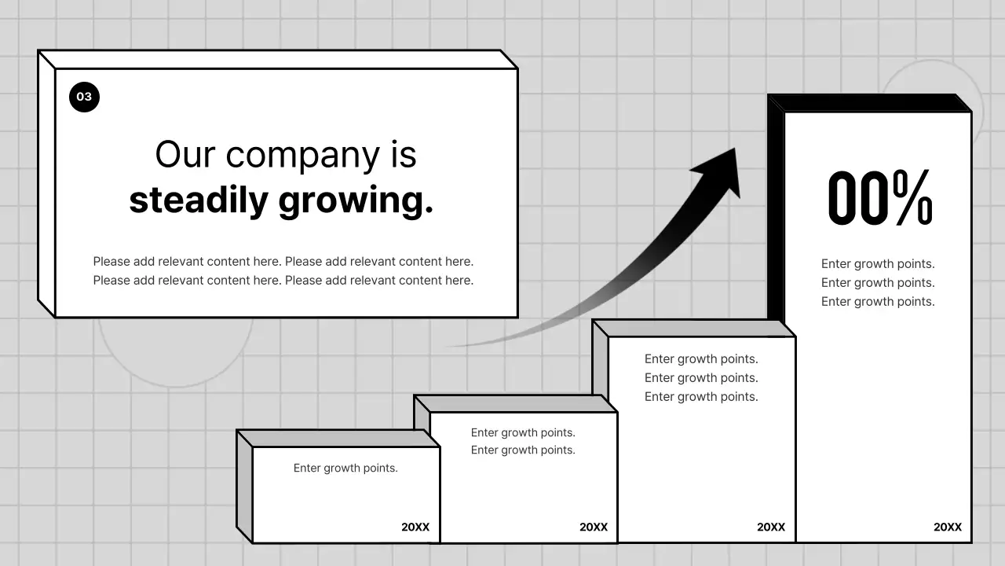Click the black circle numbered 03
pyautogui.click(x=84, y=97)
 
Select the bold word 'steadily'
pyautogui.click(x=199, y=200)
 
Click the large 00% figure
pyautogui.click(x=879, y=199)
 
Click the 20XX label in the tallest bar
pyautogui.click(x=947, y=527)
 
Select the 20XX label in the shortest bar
pyautogui.click(x=415, y=527)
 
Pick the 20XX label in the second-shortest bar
pyautogui.click(x=594, y=527)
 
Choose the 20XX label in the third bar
pyautogui.click(x=771, y=527)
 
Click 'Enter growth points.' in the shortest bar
pyautogui.click(x=345, y=469)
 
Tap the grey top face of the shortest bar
pyautogui.click(x=338, y=438)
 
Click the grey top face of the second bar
pyautogui.click(x=515, y=403)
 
